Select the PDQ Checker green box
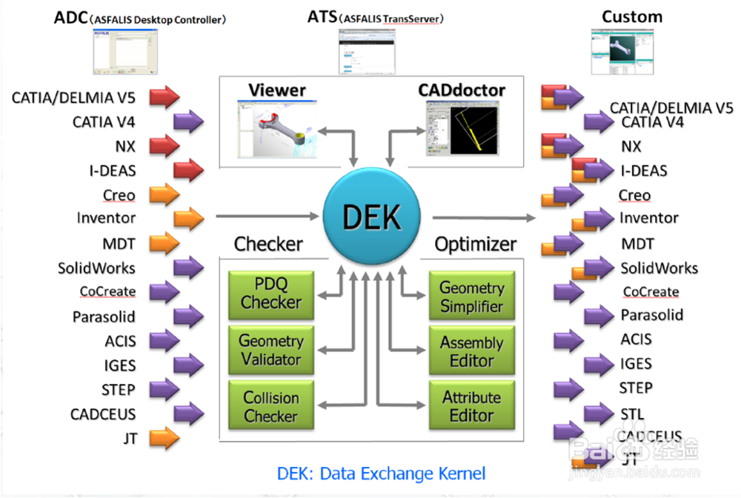(270, 294)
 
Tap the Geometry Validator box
(270, 350)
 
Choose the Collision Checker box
(270, 407)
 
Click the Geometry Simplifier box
(471, 296)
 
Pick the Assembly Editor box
(471, 352)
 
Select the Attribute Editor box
(471, 406)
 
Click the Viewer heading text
(277, 90)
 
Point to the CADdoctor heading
(462, 90)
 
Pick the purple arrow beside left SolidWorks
(188, 268)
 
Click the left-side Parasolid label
(104, 317)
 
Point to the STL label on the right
(631, 414)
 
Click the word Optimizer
(476, 244)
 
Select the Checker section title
(268, 244)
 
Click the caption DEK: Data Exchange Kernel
(381, 473)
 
